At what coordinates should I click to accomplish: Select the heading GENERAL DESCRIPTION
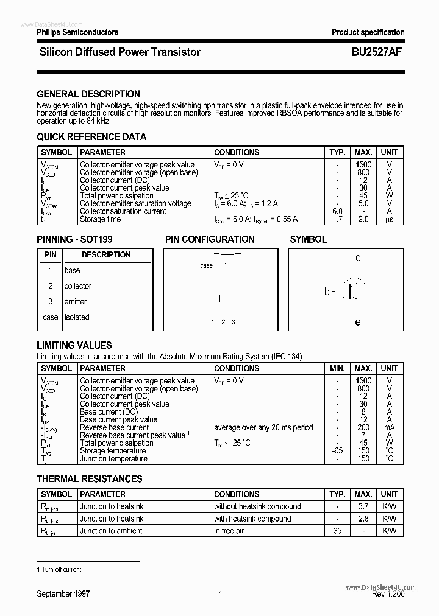point(88,94)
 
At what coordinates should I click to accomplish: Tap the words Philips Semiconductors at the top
point(77,32)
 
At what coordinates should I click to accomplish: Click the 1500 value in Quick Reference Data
point(363,164)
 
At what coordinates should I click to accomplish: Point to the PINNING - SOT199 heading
point(74,240)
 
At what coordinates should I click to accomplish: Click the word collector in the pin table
point(78,286)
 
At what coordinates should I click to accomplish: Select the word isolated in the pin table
point(77,317)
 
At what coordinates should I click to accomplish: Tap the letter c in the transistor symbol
point(358,258)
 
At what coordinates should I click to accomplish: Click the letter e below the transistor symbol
point(358,322)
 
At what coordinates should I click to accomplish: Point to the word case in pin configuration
point(207,265)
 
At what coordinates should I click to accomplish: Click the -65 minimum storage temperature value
point(337,451)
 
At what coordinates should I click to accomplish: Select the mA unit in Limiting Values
point(389,428)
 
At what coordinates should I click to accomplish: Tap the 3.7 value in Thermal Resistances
point(363,506)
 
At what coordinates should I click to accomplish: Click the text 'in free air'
point(229,531)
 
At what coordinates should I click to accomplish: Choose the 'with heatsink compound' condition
point(252,519)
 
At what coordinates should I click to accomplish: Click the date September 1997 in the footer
point(63,593)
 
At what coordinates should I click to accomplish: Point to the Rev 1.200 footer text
point(388,594)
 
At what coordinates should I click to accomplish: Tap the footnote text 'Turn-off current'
point(62,569)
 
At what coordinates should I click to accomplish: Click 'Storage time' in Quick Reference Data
point(101,219)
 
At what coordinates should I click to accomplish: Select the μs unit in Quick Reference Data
point(389,219)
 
